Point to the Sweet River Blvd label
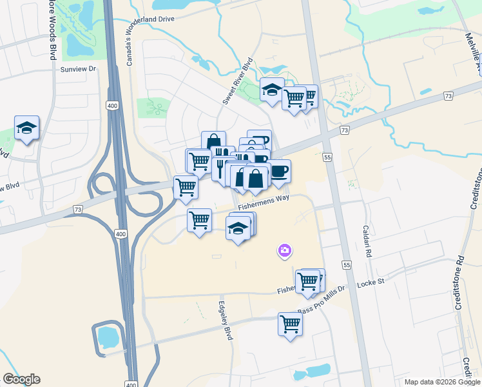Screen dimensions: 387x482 coord(236,84)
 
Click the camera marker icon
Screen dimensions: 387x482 coord(284,250)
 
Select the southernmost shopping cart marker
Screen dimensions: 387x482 coord(290,324)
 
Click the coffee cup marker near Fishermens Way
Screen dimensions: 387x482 coord(279,171)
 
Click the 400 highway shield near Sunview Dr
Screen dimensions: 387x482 coord(113,106)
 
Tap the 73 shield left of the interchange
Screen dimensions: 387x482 coord(78,210)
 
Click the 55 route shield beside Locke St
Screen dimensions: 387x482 coord(347,265)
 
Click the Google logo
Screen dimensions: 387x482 coord(21,379)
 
